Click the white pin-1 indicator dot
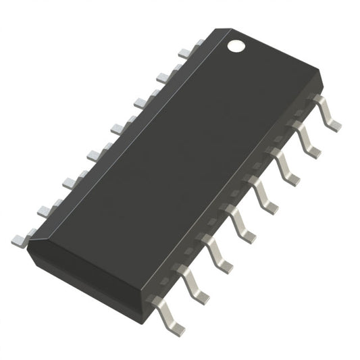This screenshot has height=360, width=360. point(236,46)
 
